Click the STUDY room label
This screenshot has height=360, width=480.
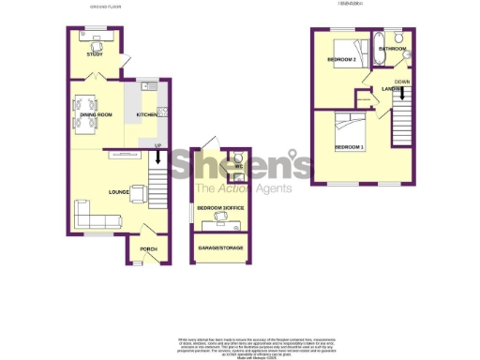tap(94, 55)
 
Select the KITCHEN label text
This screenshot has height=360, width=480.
tap(146, 114)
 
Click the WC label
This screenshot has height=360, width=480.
tap(239, 168)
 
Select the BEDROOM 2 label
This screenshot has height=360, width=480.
tap(342, 60)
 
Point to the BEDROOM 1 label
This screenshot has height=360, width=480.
tap(350, 148)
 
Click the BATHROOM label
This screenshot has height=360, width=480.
tap(393, 48)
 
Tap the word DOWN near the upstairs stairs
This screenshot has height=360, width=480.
tap(401, 82)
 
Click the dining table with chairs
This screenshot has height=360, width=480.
tap(85, 117)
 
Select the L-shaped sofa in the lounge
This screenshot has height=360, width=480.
tap(93, 219)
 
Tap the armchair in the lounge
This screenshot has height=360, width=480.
tap(139, 194)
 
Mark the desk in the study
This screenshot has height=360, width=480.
tap(95, 37)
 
